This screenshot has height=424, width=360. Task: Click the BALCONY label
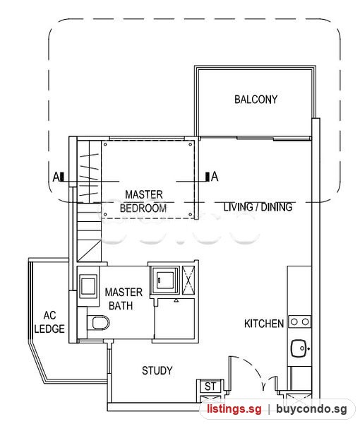pos(256,100)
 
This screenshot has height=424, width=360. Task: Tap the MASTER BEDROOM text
pos(143,201)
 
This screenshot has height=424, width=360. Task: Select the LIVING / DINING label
pos(258,207)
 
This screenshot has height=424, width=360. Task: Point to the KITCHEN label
pos(264,324)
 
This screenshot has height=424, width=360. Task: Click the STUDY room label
pos(157,371)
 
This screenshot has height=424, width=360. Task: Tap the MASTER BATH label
pos(124,299)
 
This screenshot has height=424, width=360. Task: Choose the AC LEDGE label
pos(49,322)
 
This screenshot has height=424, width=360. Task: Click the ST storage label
pos(210,387)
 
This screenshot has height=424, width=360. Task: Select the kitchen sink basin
pos(299,348)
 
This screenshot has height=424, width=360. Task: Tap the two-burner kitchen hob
pos(300,322)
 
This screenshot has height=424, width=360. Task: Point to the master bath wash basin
pos(88,286)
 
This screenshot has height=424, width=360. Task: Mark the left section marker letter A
pos(56,177)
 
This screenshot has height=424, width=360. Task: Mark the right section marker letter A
pos(215,177)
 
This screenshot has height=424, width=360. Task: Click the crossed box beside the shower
pos(188,280)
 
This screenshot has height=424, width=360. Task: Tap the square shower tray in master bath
pos(165,280)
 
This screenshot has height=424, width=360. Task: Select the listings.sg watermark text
pos(234,408)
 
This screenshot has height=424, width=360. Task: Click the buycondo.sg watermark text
pos(311,408)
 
